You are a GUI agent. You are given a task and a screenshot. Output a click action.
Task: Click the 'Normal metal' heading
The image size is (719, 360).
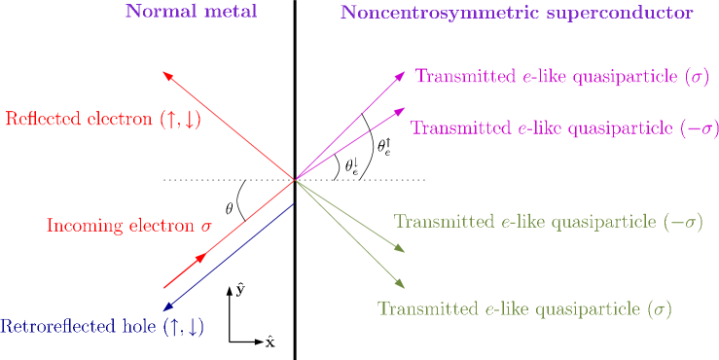191,13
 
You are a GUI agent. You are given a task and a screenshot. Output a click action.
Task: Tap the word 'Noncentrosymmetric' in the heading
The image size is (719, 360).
414,14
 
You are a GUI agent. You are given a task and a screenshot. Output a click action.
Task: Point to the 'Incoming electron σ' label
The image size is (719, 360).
128,226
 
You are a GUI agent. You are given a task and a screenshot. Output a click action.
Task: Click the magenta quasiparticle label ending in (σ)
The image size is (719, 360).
561,76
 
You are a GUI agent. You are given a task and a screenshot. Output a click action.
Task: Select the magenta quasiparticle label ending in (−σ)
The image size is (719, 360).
564,128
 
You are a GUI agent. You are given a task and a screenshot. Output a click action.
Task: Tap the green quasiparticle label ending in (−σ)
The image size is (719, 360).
548,222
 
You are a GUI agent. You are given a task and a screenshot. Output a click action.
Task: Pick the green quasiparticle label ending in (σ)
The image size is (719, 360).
523,309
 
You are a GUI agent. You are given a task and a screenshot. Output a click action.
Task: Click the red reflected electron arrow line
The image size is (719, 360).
229,126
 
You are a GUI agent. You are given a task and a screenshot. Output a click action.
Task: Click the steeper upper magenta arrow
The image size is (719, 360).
350,126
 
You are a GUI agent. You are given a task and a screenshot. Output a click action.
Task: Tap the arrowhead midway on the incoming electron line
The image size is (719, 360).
201,257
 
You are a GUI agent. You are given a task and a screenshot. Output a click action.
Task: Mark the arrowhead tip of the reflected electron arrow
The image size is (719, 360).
164,73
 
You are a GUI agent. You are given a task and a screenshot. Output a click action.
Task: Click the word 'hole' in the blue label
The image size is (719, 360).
142,327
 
